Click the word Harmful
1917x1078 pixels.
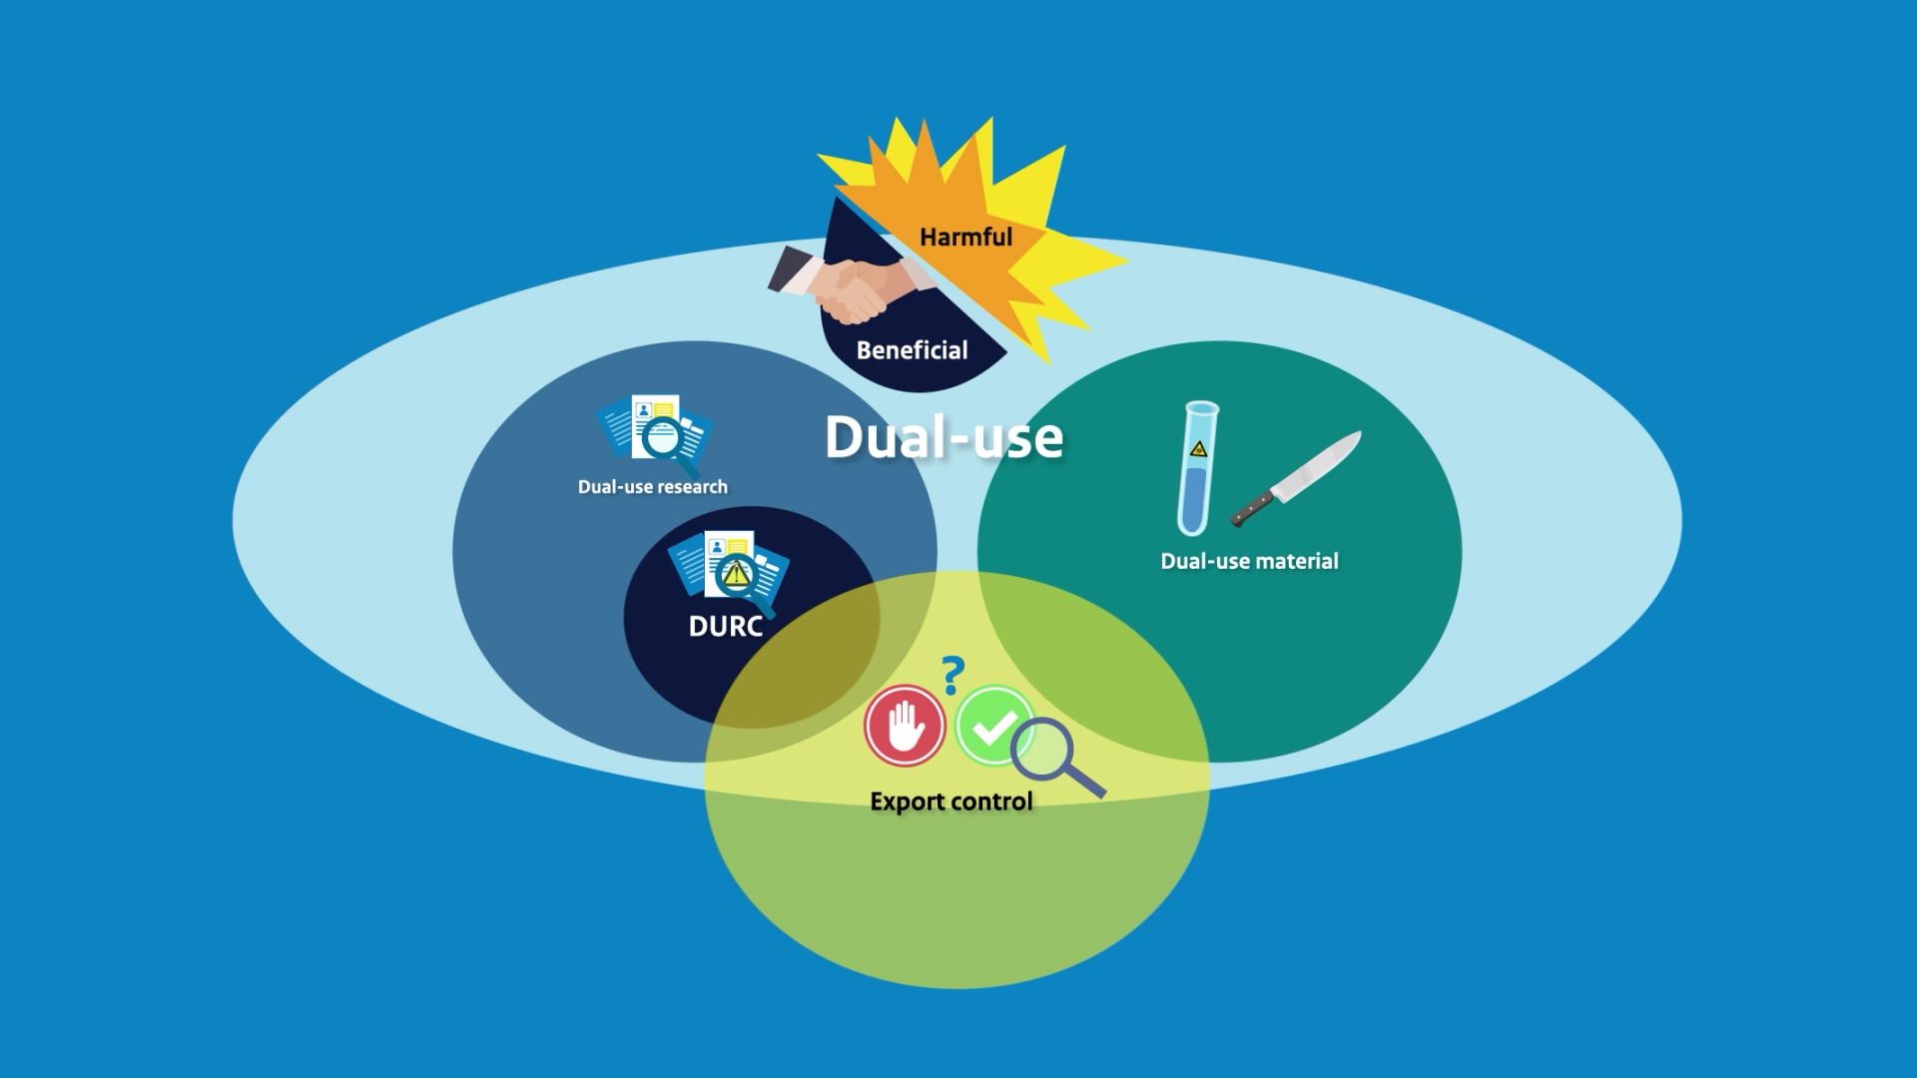pos(965,238)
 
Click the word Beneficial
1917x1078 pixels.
pos(912,350)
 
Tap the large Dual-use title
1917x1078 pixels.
pos(944,437)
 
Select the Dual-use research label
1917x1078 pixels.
pos(652,487)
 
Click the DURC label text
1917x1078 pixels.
pos(726,627)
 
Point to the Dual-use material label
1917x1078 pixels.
pos(1249,561)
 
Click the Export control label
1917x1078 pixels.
pos(951,802)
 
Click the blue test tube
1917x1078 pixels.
pos(1197,469)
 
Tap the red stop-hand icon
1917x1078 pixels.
pos(905,726)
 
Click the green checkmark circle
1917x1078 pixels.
pos(992,726)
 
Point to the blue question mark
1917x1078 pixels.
pos(954,675)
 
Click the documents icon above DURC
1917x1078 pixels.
pos(730,571)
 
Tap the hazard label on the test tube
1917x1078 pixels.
pos(1198,449)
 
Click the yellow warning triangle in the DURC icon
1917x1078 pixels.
pos(737,574)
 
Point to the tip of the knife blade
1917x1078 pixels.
pos(1358,435)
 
